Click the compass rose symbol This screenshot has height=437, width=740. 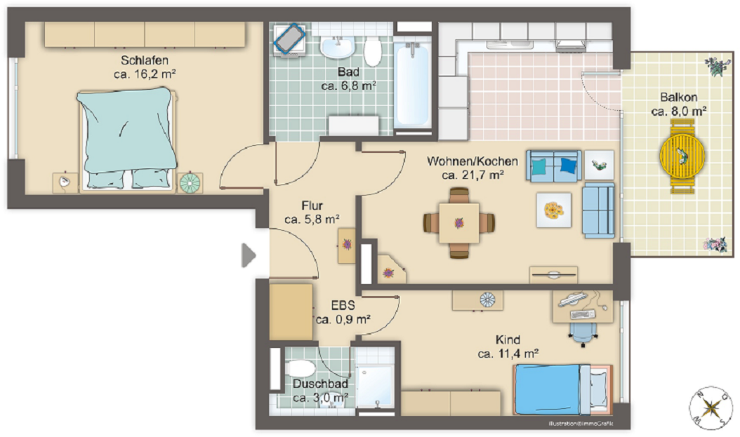click(711, 408)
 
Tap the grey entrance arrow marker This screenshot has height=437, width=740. click(249, 255)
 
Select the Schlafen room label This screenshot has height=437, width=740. click(145, 60)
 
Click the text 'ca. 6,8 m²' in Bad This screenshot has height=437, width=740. click(348, 86)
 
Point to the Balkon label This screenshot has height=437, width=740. click(679, 97)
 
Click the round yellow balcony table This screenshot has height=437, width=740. click(682, 156)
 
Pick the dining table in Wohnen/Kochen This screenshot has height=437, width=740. click(459, 223)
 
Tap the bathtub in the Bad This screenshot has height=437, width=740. click(412, 85)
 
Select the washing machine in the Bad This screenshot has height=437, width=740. click(289, 39)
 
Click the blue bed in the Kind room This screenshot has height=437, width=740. click(562, 389)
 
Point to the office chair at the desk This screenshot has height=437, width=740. click(583, 334)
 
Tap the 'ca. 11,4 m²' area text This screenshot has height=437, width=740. click(508, 354)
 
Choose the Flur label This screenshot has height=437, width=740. click(312, 206)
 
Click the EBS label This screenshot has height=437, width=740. click(343, 305)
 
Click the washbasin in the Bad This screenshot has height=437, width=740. click(337, 47)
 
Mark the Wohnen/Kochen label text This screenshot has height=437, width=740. click(473, 161)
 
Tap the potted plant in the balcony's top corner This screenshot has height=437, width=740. click(715, 67)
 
